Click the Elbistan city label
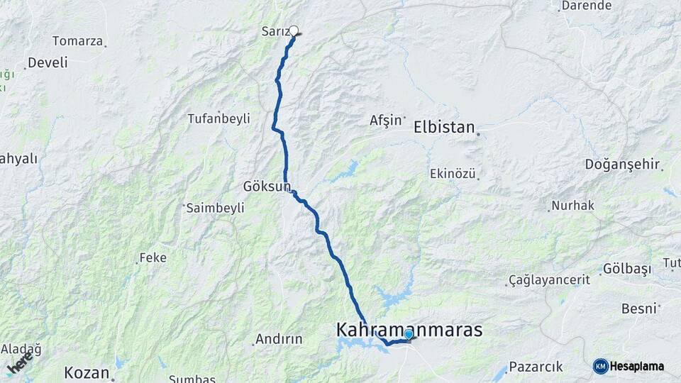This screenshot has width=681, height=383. pos(444,128)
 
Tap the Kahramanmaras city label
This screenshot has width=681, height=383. pos(409,331)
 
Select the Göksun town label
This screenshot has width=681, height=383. pos(267,187)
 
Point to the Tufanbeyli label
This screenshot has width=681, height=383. pos(218,118)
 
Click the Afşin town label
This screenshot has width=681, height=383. pos(385,121)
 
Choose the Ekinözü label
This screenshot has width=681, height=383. pos(453,173)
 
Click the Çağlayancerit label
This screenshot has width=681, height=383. pos(550,280)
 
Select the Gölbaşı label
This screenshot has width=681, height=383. pos(626,269)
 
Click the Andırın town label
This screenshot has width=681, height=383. pos(279,339)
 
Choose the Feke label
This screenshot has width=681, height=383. pos(153,257)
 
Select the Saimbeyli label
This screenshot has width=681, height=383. pos(215,208)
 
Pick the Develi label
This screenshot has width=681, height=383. pos(48,62)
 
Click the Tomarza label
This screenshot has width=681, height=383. pos(77,40)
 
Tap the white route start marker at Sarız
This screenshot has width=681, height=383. pos(294,30)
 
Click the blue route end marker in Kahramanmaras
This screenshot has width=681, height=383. pos(409,334)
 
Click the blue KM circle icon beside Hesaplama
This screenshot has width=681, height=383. pos(600,366)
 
